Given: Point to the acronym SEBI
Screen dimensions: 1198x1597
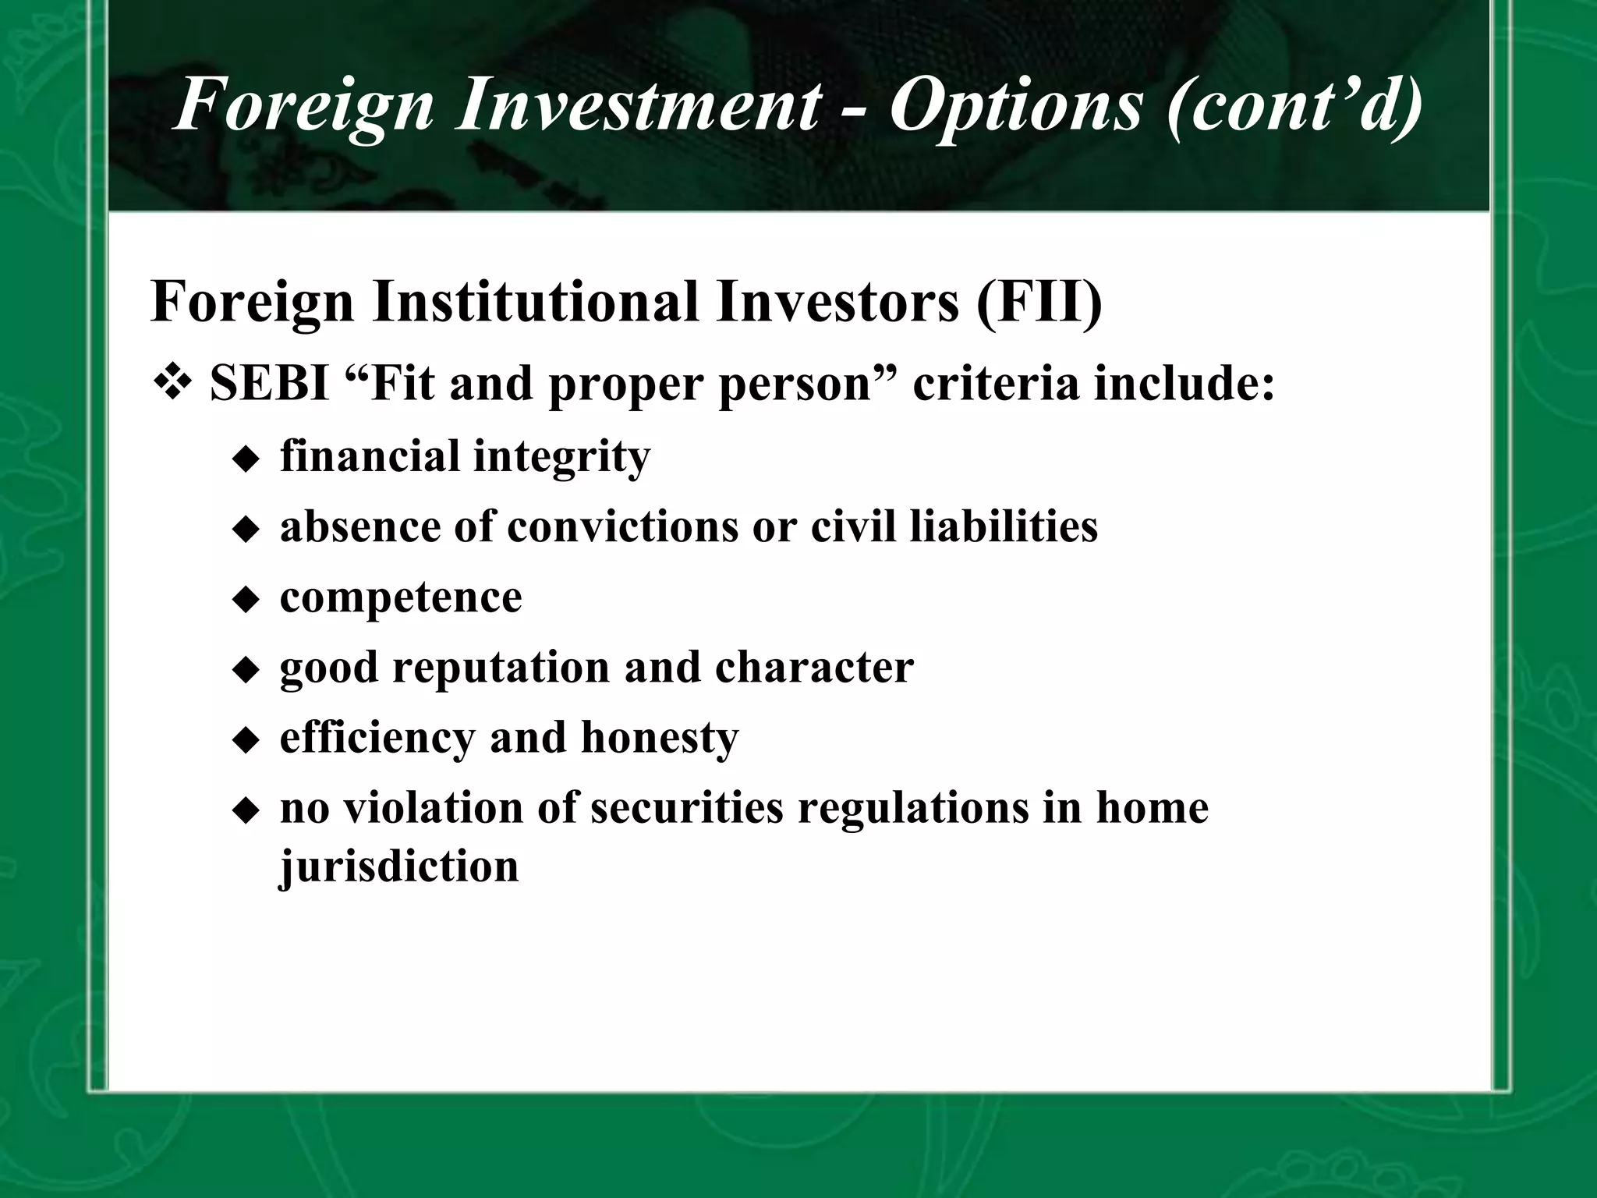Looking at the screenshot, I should click(269, 384).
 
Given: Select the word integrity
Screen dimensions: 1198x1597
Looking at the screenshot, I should click(561, 457).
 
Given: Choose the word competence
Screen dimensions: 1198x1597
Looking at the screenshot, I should click(401, 597).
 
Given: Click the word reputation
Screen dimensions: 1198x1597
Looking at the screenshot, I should click(501, 668).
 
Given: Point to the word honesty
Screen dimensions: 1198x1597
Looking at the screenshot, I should click(659, 738).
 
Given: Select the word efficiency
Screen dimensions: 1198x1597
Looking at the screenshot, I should click(377, 738).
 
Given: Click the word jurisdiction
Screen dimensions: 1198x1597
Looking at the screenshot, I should click(398, 866).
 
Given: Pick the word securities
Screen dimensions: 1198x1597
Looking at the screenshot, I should click(686, 808).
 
